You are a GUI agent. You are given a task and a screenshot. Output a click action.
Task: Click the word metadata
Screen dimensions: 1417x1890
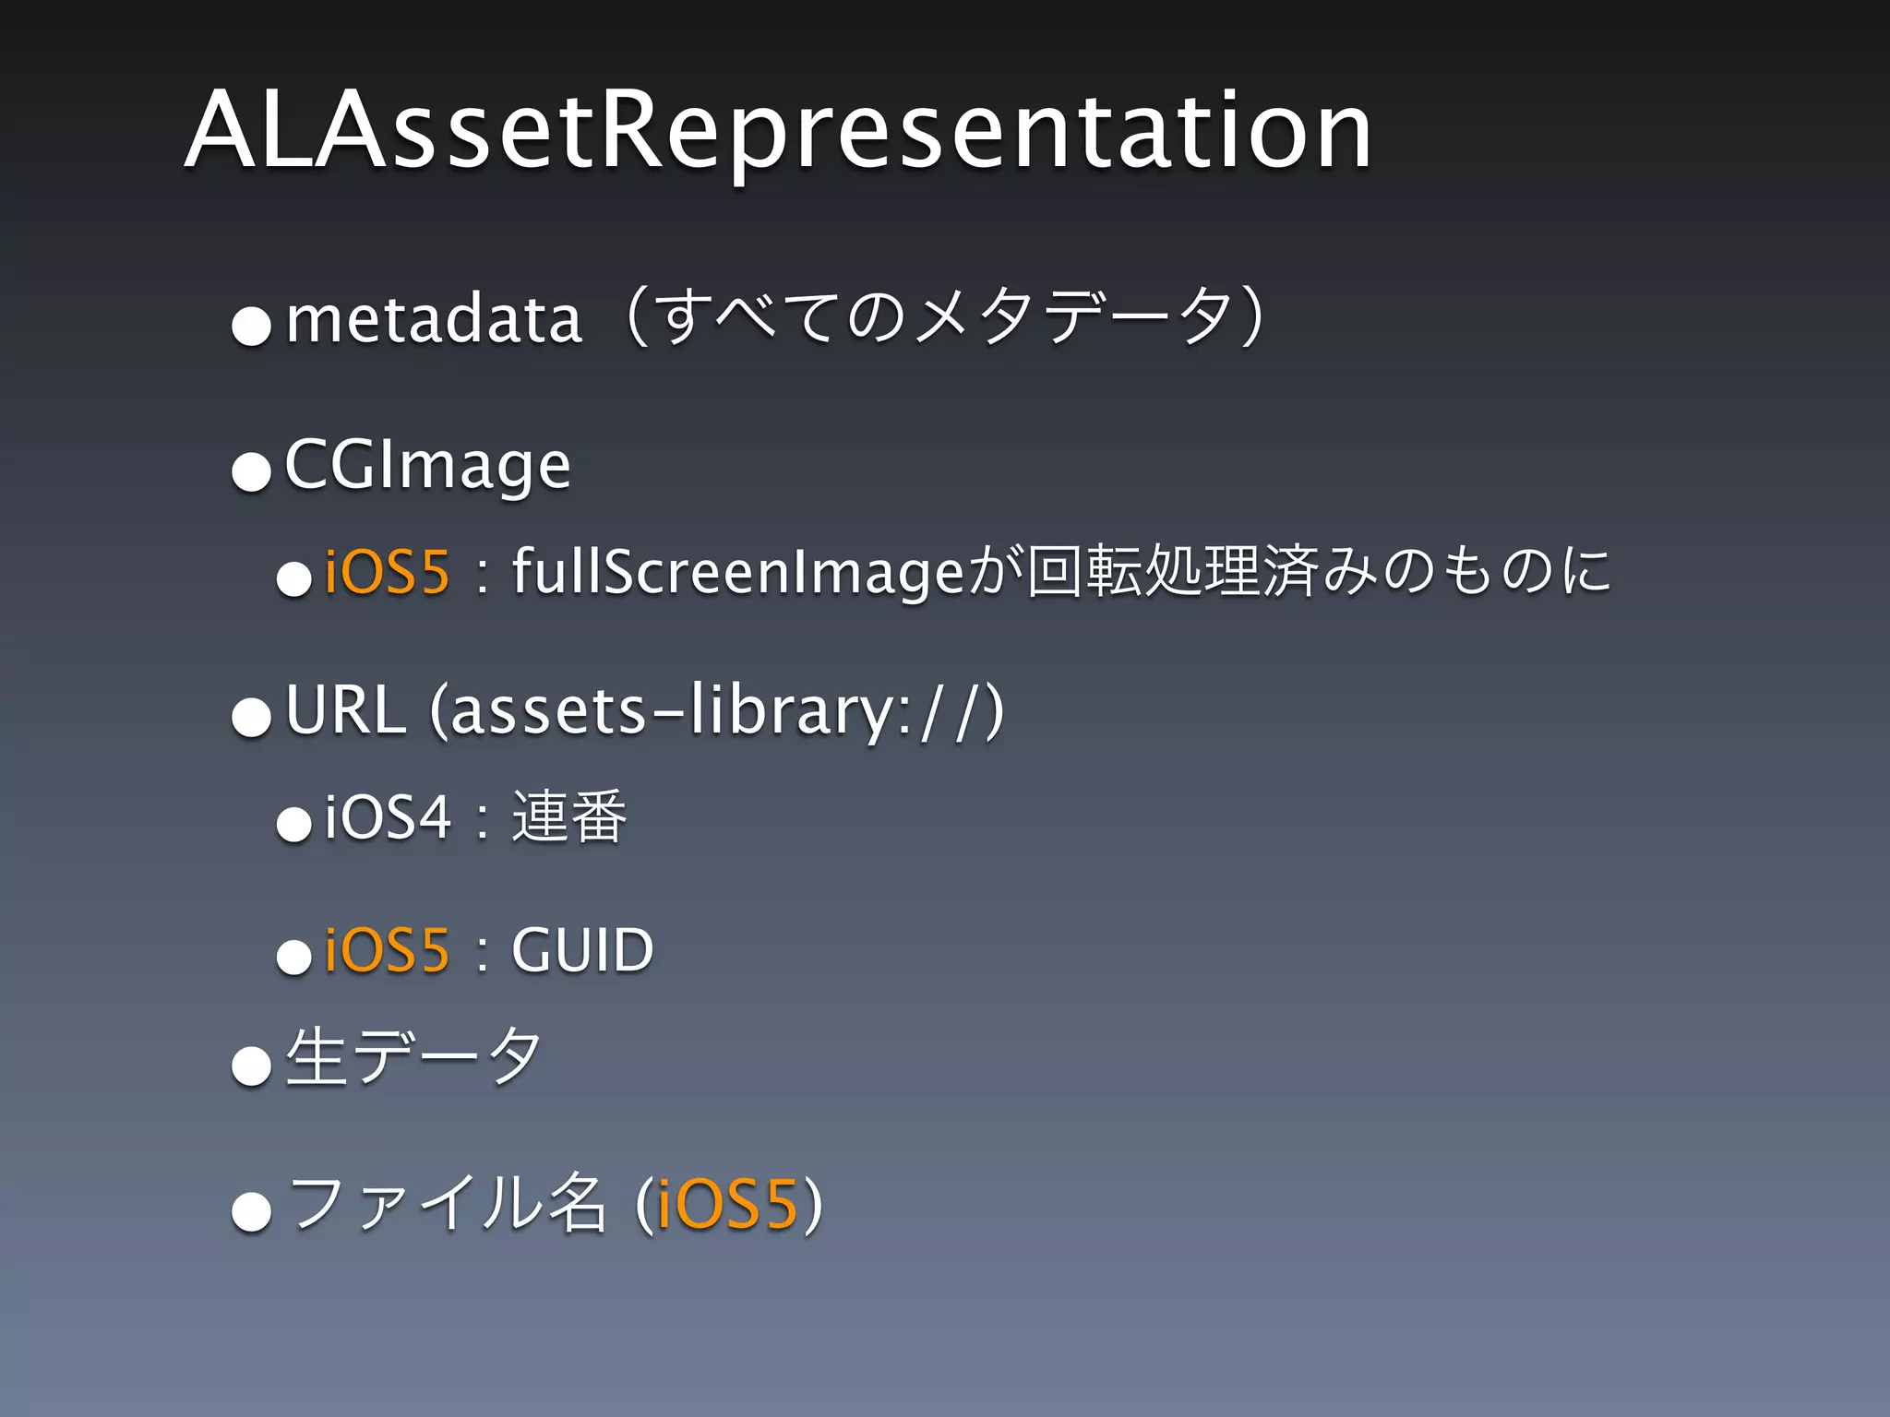[434, 319]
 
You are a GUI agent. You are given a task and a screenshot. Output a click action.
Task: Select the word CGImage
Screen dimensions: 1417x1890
[427, 466]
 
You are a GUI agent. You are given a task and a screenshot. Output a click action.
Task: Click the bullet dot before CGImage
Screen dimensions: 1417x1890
[251, 473]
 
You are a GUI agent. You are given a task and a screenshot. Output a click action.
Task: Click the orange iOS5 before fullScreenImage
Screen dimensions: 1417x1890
[387, 571]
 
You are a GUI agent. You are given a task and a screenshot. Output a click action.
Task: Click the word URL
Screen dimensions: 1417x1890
[345, 710]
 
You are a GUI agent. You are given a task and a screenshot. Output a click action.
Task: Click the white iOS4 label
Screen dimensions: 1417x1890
[388, 817]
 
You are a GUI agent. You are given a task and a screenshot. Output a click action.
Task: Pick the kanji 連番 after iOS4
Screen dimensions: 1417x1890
[569, 817]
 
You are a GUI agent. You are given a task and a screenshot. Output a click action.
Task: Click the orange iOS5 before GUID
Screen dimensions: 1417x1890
[387, 950]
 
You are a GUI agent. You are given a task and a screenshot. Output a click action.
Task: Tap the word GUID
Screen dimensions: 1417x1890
[582, 950]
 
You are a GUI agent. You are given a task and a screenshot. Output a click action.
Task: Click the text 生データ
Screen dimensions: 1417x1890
[413, 1057]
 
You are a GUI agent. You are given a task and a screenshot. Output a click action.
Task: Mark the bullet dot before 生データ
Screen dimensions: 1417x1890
[251, 1067]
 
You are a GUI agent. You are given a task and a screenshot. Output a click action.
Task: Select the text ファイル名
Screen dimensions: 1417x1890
[447, 1204]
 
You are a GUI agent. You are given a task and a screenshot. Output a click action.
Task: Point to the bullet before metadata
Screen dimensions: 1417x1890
[251, 326]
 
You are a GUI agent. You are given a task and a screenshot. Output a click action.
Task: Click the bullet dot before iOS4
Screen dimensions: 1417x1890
[294, 824]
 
